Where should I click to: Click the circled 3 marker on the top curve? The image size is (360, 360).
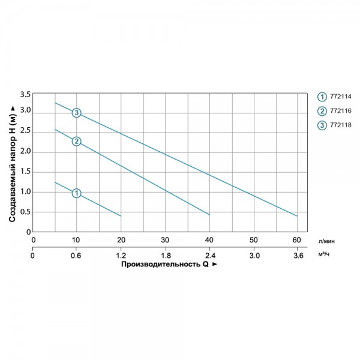coord(76,113)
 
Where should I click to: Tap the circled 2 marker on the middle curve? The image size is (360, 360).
coord(76,142)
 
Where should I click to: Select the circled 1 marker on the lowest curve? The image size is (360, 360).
coord(76,193)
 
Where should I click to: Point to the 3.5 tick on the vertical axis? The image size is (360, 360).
coord(25,94)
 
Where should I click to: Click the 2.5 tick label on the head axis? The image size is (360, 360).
coord(25,131)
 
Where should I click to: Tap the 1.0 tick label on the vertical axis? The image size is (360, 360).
coord(25,192)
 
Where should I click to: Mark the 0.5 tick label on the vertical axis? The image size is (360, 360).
coord(25,212)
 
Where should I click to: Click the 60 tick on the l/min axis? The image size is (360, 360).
coord(296,240)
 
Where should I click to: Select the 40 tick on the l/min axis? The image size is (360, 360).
coord(209,240)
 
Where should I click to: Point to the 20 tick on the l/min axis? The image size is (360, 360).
coord(121,240)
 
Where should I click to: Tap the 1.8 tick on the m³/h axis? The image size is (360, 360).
coord(166,256)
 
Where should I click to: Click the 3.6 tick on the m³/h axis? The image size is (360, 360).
coord(298,256)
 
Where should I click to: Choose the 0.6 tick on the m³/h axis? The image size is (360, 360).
coord(76,256)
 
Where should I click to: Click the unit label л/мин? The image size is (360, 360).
coord(326,241)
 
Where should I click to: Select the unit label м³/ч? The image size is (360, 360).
coord(324,254)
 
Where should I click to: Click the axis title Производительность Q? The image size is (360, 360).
coord(165,264)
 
